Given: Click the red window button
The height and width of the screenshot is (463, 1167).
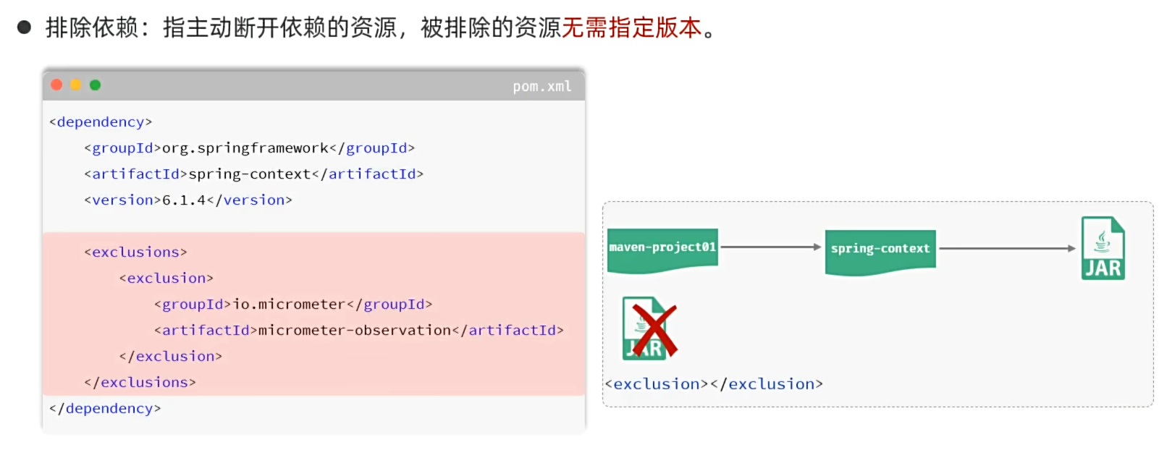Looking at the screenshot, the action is pos(56,85).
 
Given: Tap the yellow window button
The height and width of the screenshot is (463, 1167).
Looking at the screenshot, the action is pos(76,85).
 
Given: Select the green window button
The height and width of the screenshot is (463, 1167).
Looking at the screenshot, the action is pos(96,85).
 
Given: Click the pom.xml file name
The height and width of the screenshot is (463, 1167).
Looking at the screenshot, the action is pos(542,87).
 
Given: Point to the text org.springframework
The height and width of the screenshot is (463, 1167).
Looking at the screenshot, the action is pos(245,148).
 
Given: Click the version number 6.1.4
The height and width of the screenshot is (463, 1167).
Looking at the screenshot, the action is pos(185,200).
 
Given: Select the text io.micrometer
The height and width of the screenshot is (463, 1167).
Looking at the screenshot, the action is pos(289,304).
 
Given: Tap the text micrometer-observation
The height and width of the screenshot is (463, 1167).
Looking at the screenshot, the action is pos(355,330).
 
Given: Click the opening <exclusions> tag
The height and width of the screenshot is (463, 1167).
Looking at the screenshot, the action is pos(135,252).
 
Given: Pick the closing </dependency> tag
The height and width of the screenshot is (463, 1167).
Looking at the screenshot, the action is pos(105,408).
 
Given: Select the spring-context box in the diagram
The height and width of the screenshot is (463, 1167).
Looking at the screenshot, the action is pos(880,252).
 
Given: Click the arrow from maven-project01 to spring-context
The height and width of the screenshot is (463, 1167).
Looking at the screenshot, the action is pos(771,247).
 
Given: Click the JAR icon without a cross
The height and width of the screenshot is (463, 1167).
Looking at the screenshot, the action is pos(1103,248).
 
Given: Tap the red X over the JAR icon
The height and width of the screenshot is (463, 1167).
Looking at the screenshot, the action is pos(654,331).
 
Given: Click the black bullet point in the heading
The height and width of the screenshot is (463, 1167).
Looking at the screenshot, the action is pos(24,27).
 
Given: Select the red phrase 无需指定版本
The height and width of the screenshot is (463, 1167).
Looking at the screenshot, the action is pos(632,27).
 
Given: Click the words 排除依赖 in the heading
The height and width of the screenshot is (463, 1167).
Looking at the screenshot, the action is pos(92,27).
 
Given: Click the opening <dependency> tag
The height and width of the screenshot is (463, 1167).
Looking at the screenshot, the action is pos(101,122).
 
